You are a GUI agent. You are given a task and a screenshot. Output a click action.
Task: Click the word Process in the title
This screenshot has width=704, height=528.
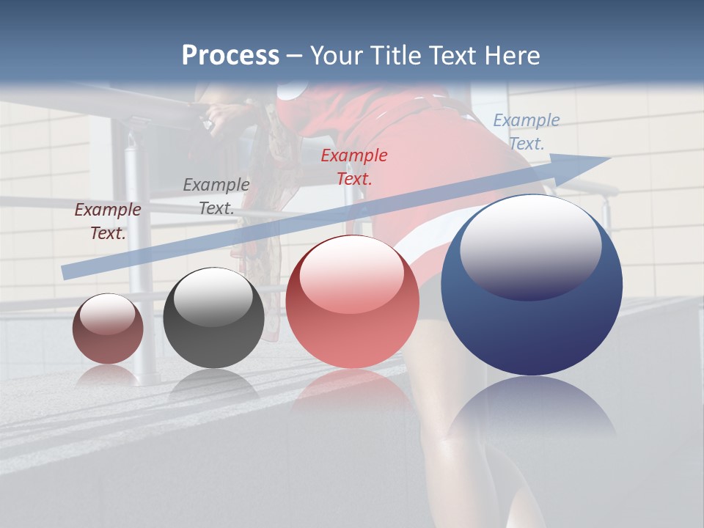230,56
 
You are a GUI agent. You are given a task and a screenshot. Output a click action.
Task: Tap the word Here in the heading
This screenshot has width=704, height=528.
510,56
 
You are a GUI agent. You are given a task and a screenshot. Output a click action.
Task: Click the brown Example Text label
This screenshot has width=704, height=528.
108,221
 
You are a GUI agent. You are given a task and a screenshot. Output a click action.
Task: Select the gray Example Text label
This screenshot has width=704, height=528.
216,197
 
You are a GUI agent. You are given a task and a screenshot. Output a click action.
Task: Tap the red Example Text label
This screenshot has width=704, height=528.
354,166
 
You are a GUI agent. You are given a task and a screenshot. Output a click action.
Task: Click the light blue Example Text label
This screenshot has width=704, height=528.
527,132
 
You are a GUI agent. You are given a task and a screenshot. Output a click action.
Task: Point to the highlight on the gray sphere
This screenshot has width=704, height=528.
213,297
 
